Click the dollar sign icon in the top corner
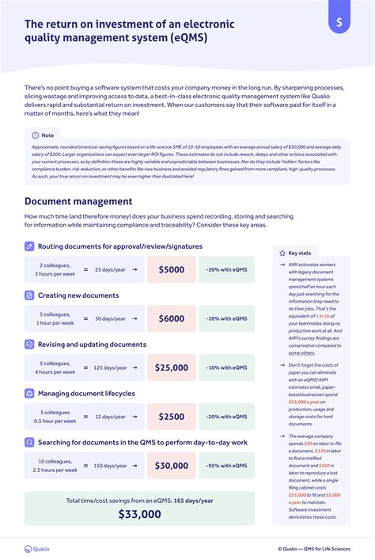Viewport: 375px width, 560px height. (339, 22)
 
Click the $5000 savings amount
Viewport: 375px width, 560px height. (171, 269)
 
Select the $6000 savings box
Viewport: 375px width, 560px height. (171, 318)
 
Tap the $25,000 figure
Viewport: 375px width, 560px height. (171, 368)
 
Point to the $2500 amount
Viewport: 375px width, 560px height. (171, 417)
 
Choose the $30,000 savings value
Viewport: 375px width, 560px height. (171, 466)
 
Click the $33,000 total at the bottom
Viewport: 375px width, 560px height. (139, 514)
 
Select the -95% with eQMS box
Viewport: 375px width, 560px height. (226, 466)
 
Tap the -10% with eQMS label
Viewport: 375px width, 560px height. (226, 368)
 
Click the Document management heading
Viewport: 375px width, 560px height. (78, 201)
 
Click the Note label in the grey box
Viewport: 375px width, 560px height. (47, 135)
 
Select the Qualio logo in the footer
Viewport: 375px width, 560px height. (37, 548)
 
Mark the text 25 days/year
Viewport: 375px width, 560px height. (110, 269)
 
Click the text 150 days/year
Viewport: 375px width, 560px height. (110, 466)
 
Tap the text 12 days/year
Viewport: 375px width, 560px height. (110, 417)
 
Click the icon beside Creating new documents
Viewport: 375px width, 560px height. (29, 295)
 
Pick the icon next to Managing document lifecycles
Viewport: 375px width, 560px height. (29, 394)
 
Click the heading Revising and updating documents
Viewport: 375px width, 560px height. (92, 345)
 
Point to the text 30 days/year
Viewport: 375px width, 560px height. (110, 318)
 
